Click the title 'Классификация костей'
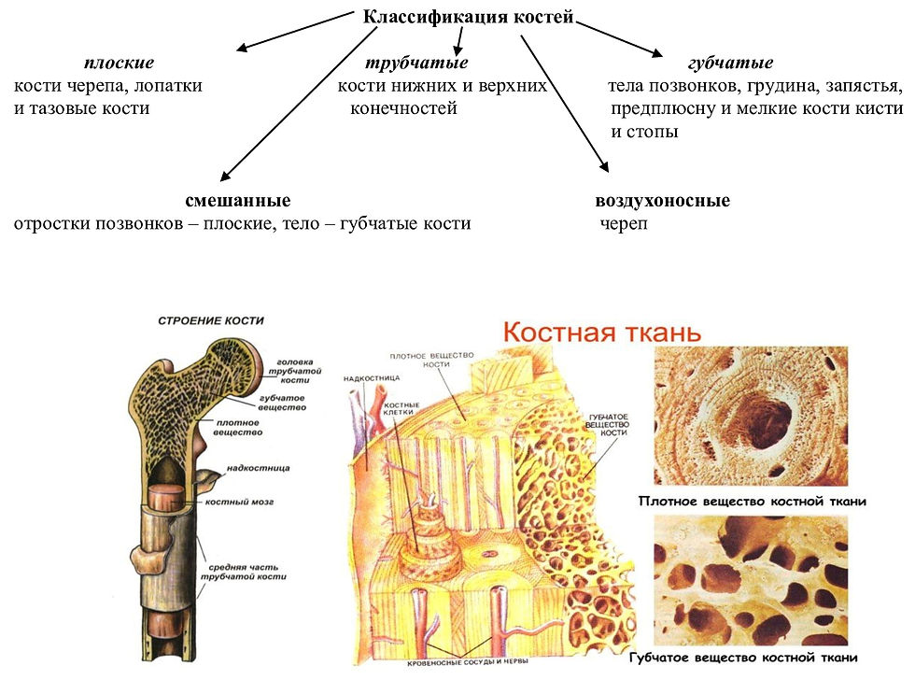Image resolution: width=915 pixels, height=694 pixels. (x=467, y=18)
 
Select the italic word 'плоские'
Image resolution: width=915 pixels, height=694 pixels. (x=119, y=64)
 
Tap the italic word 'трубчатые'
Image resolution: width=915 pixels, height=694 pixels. (x=415, y=64)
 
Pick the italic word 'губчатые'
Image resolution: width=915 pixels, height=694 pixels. (x=729, y=64)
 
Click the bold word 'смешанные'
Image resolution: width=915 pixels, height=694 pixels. (x=238, y=201)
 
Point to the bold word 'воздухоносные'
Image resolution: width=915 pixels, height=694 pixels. (x=662, y=201)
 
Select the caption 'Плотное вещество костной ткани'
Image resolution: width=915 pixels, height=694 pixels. (x=752, y=502)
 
